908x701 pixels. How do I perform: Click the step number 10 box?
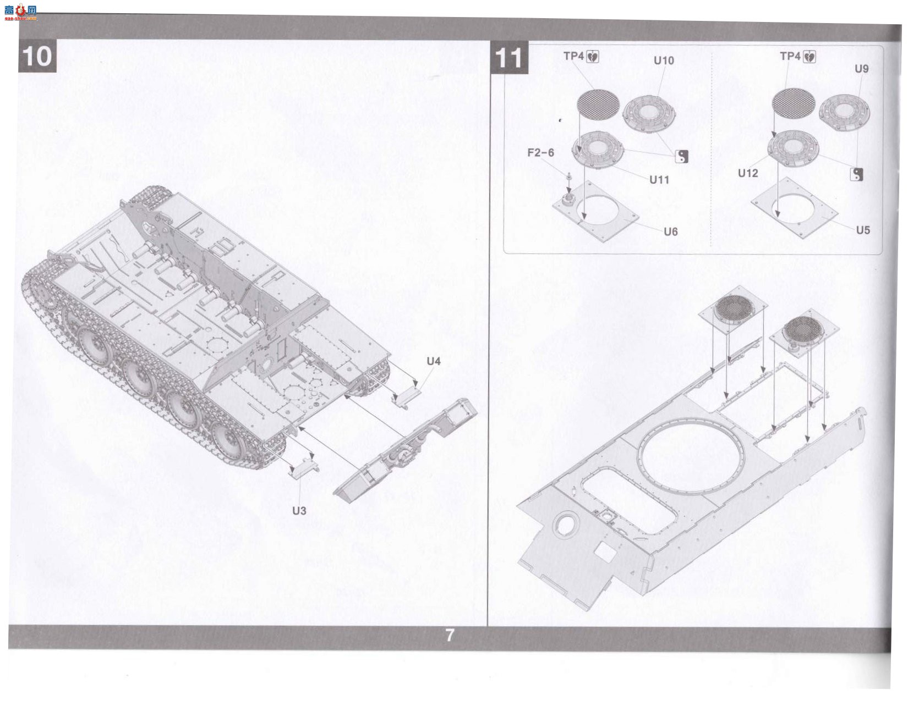pyautogui.click(x=37, y=56)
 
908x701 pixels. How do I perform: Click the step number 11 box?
pyautogui.click(x=509, y=57)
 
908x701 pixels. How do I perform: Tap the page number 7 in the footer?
pyautogui.click(x=450, y=635)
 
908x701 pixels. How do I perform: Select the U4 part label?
pyautogui.click(x=433, y=361)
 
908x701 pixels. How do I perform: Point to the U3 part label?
pyautogui.click(x=299, y=511)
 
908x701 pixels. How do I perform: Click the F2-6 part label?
pyautogui.click(x=541, y=153)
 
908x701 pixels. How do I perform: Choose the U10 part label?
pyautogui.click(x=664, y=61)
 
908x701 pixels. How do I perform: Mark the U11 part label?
pyautogui.click(x=659, y=180)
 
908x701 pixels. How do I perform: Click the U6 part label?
pyautogui.click(x=671, y=231)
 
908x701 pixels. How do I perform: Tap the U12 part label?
pyautogui.click(x=748, y=173)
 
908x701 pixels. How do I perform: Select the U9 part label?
pyautogui.click(x=862, y=69)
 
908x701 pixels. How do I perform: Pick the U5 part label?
pyautogui.click(x=863, y=230)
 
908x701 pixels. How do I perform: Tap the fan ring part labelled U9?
pyautogui.click(x=845, y=112)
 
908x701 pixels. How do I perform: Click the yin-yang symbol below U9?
pyautogui.click(x=856, y=174)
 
